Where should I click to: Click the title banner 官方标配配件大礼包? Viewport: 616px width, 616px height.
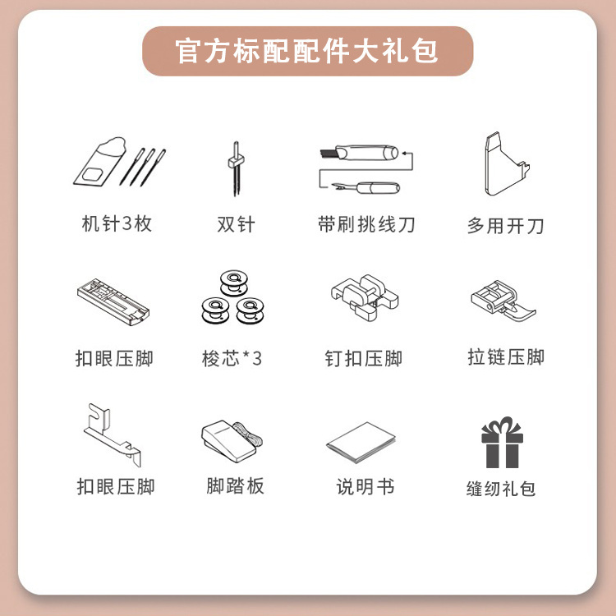coord(308,51)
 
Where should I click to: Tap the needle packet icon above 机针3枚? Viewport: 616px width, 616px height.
coord(100,161)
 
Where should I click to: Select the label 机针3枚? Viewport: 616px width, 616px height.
coord(117,223)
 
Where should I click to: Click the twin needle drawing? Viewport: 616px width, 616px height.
coord(236,168)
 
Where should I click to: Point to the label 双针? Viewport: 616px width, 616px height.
coord(236,224)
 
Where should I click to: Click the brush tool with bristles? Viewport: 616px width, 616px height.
coord(359,153)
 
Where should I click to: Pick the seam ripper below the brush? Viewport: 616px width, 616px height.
coord(365,188)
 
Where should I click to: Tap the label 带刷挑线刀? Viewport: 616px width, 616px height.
coord(366,224)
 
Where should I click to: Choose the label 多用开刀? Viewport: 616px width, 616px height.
coord(505,226)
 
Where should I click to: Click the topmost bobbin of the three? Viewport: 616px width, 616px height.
coord(234,283)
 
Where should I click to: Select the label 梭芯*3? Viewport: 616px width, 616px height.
coord(232,358)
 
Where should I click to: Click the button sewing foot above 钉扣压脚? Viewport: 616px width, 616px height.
coord(365,297)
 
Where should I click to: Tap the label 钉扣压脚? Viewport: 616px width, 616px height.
coord(363,358)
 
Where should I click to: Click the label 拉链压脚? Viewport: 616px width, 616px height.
coord(506,356)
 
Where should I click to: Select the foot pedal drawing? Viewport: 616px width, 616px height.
coord(232,441)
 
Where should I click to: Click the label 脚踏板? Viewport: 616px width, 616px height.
coord(236,485)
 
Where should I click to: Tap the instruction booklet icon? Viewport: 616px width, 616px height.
coord(361,443)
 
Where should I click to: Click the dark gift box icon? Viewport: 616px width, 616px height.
coord(502,443)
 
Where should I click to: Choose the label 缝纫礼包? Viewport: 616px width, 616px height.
coord(501,489)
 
